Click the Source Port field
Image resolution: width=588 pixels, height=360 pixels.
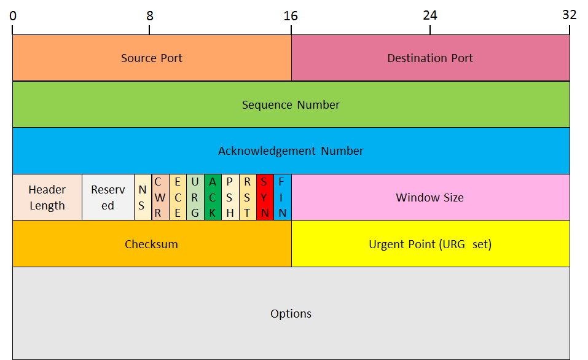point(152,58)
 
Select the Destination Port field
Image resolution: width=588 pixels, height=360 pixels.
point(430,58)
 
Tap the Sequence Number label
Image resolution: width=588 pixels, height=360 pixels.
point(291,105)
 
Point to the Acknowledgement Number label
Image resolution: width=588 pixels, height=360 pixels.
point(291,151)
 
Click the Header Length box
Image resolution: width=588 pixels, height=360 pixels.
point(47,198)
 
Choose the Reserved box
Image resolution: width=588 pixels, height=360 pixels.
point(108,198)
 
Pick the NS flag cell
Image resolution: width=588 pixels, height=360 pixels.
point(143,198)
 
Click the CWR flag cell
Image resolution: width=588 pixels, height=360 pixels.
point(160,198)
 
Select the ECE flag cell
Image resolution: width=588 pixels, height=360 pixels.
point(178,198)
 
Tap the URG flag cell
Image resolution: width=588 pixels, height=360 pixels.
point(195,198)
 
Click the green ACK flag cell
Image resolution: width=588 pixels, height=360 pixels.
point(213,198)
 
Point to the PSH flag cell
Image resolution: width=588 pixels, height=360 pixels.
point(230,198)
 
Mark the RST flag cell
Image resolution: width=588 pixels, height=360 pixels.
point(247,198)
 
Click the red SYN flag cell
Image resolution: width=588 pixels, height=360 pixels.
point(265,198)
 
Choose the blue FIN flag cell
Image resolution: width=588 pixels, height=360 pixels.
point(282,198)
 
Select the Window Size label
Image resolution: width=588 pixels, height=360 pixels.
point(430,198)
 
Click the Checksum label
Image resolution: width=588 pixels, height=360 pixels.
point(151,245)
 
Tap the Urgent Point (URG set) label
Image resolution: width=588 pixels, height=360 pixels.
point(430,245)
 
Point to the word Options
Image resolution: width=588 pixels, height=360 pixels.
point(291,314)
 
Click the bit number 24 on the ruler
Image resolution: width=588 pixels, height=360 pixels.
point(430,14)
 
